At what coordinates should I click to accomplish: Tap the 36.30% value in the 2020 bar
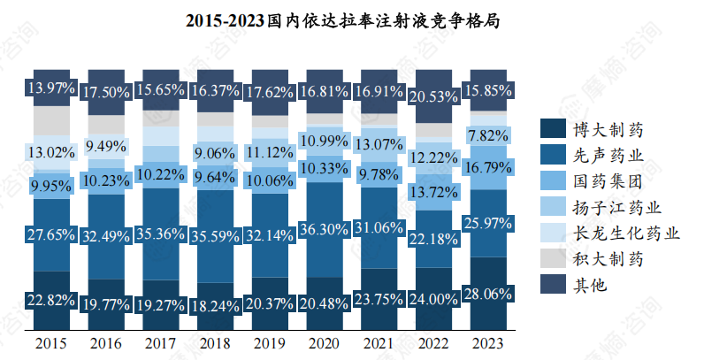323,228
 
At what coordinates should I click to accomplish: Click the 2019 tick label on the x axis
269,342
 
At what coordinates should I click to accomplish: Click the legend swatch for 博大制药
552,130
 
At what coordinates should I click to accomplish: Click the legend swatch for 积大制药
552,259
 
